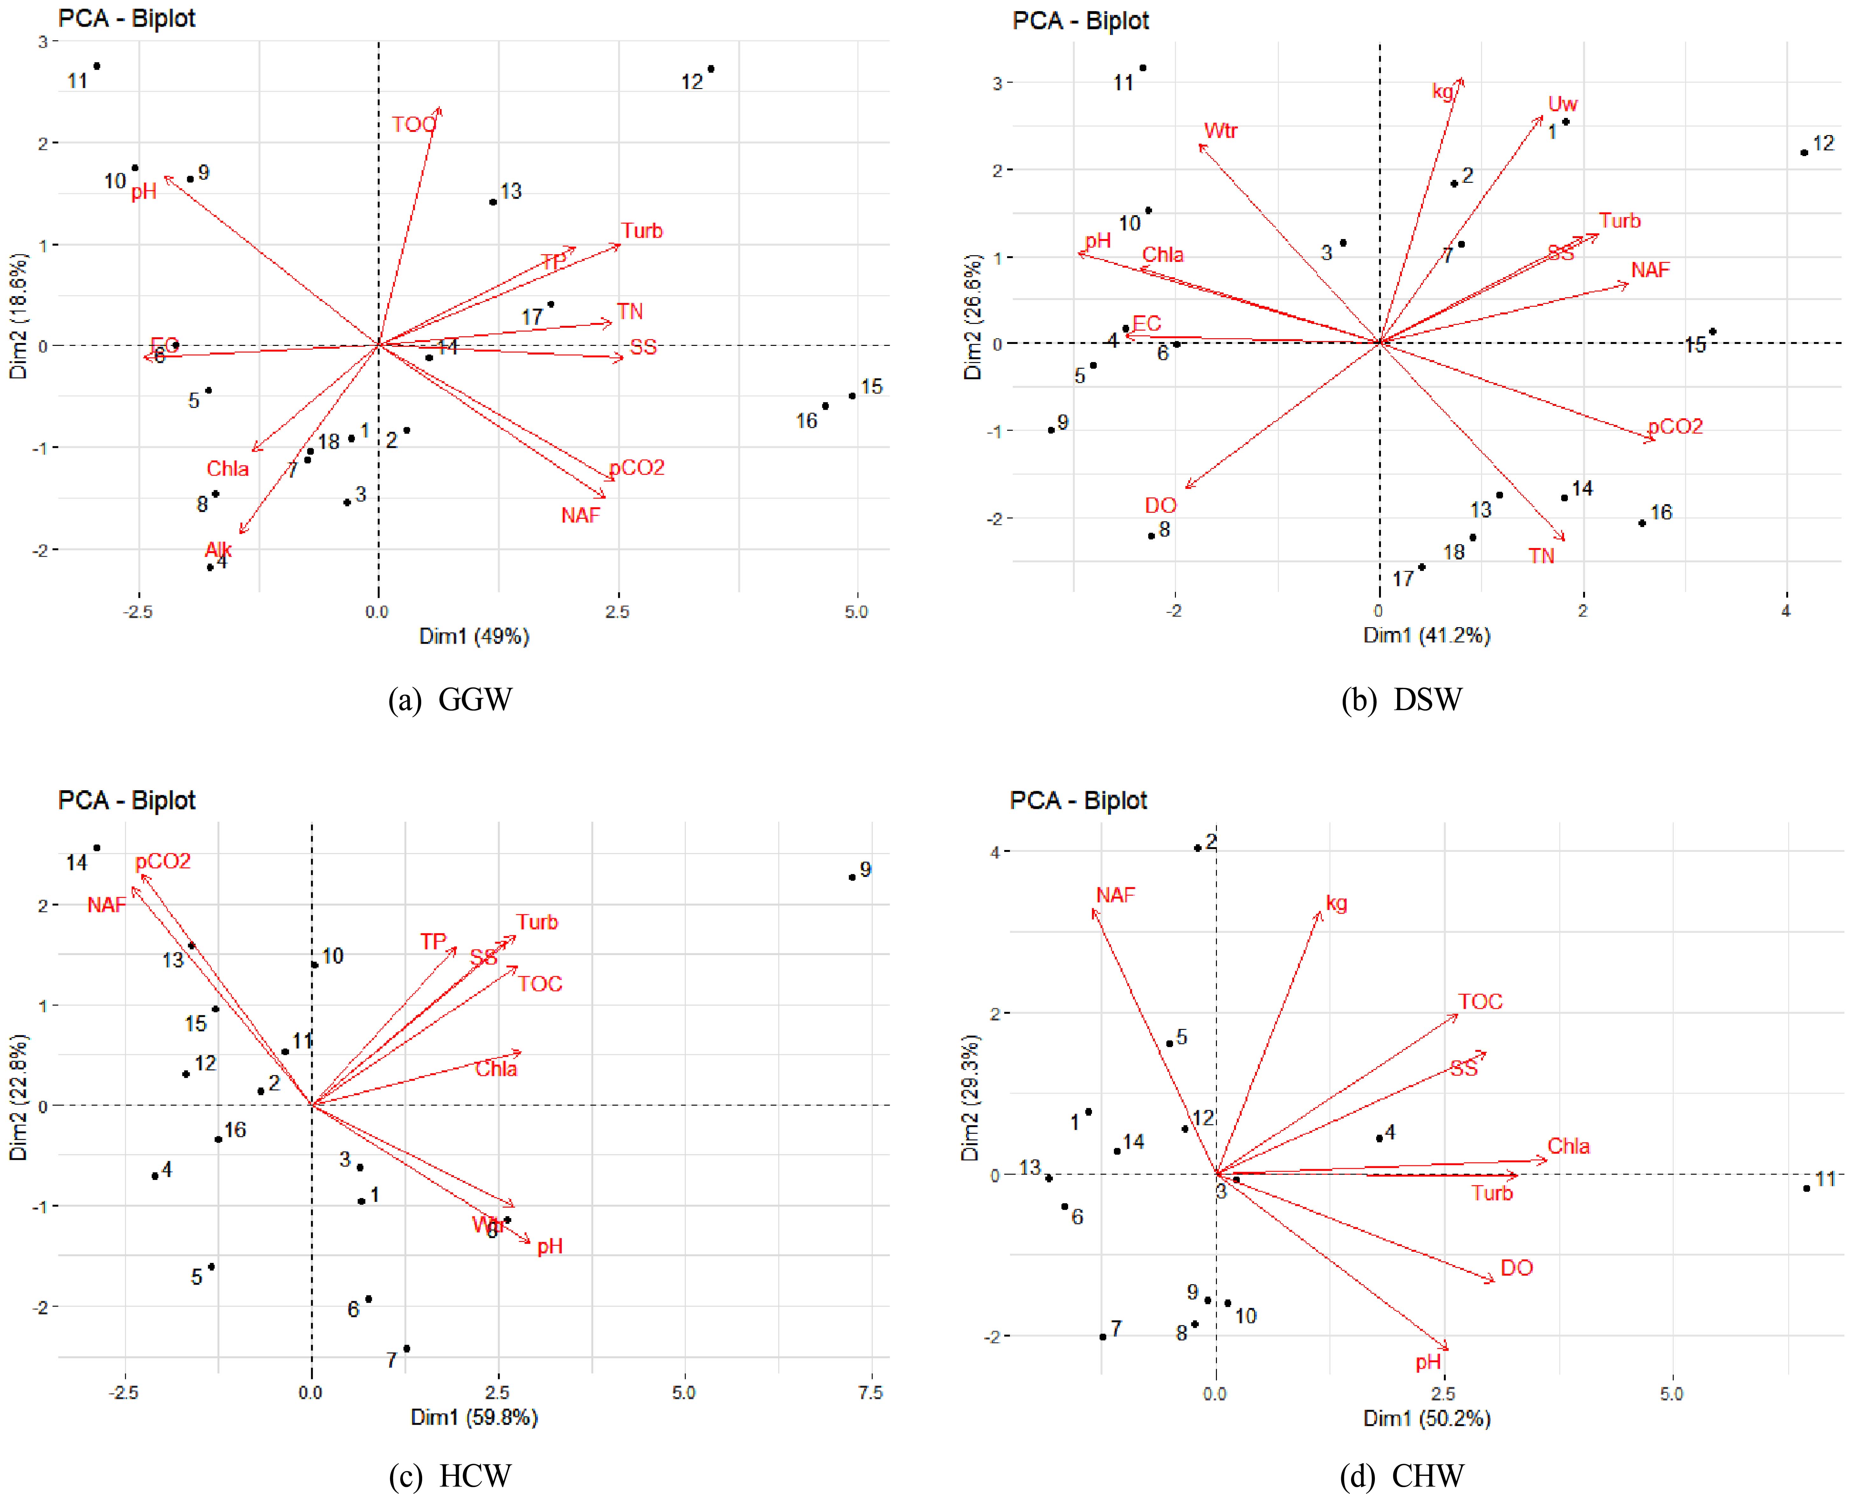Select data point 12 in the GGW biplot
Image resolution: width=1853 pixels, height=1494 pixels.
tap(711, 69)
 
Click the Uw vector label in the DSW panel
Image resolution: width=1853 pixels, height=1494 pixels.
tap(1563, 104)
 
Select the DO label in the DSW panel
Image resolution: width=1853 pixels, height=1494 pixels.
tap(1160, 505)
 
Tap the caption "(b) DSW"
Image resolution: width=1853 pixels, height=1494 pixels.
tap(1401, 700)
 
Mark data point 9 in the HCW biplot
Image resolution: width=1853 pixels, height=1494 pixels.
tap(852, 877)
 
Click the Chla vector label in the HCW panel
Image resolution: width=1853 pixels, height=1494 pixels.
tap(497, 1069)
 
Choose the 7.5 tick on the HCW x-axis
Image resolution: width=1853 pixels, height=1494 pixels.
tap(870, 1393)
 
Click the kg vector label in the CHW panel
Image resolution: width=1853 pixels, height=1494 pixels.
tap(1337, 904)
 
